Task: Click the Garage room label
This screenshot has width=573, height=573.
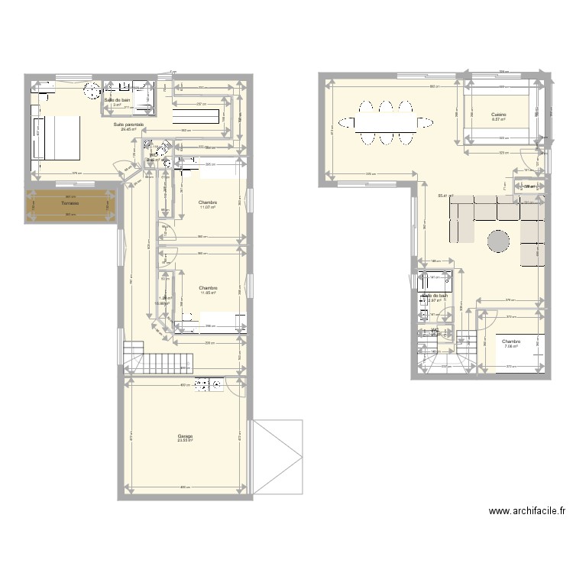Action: click(185, 436)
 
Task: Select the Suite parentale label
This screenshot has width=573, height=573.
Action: click(128, 125)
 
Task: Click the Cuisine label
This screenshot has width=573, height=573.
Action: click(499, 115)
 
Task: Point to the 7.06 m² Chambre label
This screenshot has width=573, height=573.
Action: click(511, 342)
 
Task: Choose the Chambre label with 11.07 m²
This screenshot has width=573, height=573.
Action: click(209, 203)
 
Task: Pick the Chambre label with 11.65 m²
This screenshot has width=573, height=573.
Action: click(209, 288)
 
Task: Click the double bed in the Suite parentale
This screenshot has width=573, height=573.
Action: click(57, 137)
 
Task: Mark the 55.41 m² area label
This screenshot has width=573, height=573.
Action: click(442, 196)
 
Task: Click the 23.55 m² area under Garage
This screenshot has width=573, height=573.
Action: click(185, 441)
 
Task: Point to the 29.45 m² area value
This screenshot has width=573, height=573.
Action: click(128, 129)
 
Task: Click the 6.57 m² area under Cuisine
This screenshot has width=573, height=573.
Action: click(499, 119)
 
